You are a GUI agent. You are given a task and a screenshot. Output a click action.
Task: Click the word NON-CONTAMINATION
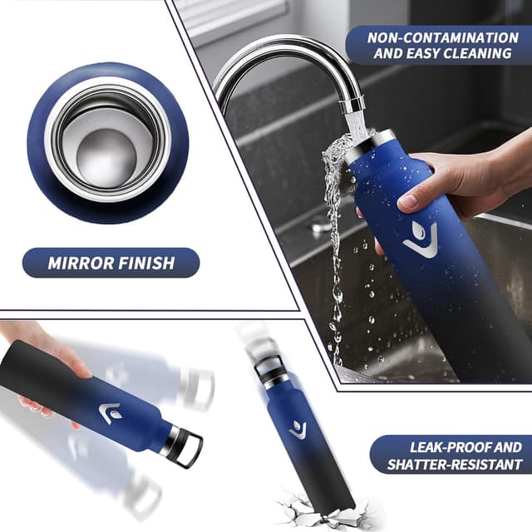point(443,37)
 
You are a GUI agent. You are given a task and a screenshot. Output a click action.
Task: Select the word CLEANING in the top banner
point(477,53)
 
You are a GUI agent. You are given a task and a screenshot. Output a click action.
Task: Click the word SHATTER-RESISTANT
point(455,465)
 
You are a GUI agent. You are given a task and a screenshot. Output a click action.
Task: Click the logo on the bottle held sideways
point(110,413)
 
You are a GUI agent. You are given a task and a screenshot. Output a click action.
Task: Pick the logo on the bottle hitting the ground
point(298,431)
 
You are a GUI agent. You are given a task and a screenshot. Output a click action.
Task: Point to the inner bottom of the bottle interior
point(106,159)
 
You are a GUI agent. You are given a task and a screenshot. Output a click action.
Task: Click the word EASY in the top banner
point(424,53)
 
